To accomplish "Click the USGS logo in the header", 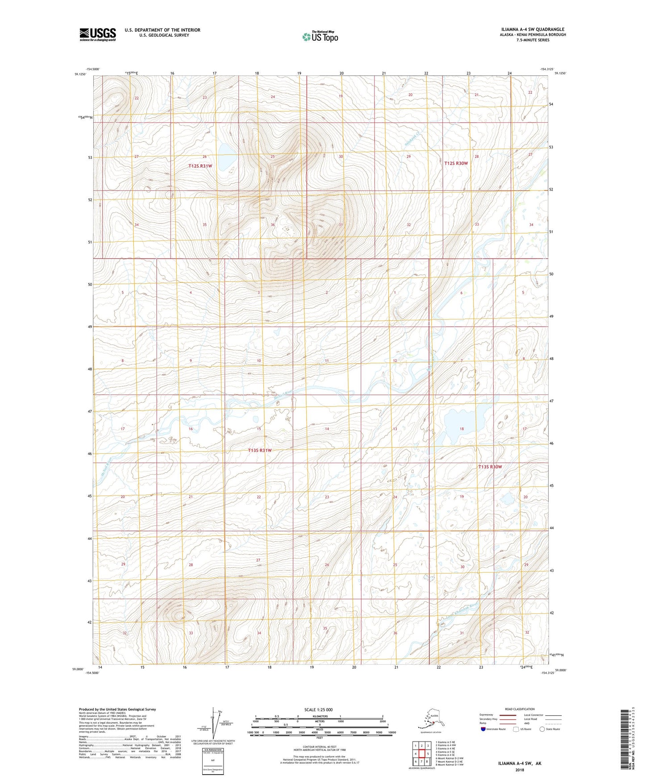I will pos(98,34).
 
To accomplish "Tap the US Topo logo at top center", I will pos(320,37).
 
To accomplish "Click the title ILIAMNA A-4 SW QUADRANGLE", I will pos(532,29).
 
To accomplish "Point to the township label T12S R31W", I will pos(200,166).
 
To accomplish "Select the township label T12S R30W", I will pos(456,163).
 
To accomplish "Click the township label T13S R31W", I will pos(260,451).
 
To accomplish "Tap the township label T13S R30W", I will pos(490,467).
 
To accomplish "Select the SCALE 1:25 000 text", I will pos(319,710).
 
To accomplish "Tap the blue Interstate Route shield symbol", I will pos(483,729).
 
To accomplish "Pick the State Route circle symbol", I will pos(542,729).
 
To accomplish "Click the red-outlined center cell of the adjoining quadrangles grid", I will pos(421,754).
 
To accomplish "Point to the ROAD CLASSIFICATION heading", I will pos(520,709).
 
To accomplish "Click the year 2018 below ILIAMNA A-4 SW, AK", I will pos(520,770).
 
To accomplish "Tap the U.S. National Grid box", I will pos(212,761).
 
